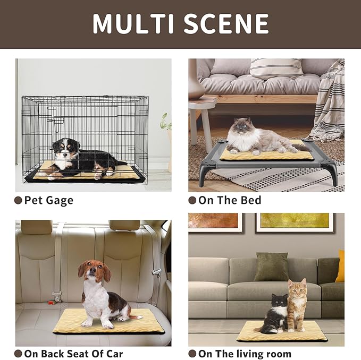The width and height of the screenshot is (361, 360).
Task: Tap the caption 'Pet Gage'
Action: [48, 200]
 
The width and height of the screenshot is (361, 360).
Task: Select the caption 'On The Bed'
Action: [229, 200]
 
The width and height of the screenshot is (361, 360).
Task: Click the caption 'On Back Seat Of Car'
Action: [73, 354]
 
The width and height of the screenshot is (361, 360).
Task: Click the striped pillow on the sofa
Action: [276, 68]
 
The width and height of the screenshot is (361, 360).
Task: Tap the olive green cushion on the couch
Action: [271, 267]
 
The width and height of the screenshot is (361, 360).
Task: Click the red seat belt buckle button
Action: [51, 303]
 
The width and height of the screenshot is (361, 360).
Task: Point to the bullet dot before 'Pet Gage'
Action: [19, 200]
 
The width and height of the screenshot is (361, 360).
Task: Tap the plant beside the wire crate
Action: [166, 123]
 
